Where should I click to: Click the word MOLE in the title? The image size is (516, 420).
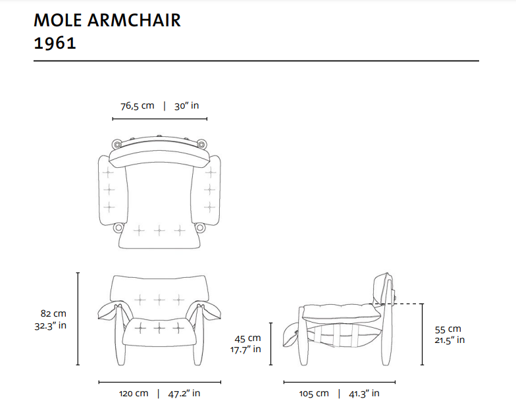point(58,20)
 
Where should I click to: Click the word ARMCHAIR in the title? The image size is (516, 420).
point(134,20)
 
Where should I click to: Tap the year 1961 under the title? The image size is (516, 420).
point(55,43)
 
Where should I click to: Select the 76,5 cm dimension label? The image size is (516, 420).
point(137,106)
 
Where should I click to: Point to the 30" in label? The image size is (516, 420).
point(187,106)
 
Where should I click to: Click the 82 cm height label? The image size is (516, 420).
point(53,313)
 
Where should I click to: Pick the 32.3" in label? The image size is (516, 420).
point(51,325)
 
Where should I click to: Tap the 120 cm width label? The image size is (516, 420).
point(134,394)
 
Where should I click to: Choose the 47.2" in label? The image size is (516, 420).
point(184,394)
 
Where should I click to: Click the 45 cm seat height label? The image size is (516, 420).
point(247,338)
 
